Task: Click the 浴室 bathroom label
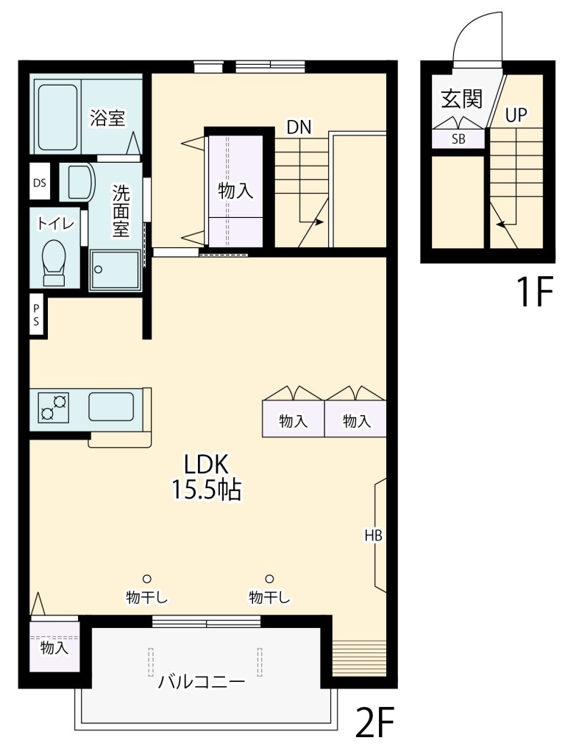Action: coord(107,117)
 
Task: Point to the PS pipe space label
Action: coord(36,315)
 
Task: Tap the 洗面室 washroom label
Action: coord(121,211)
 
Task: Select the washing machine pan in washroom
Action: coord(115,269)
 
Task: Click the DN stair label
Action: coord(299,127)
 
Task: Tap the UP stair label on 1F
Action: coord(516,114)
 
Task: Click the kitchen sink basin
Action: coord(111,406)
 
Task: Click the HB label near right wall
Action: coord(373,535)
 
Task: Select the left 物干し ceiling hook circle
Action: coord(147,579)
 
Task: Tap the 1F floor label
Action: coord(533,292)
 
